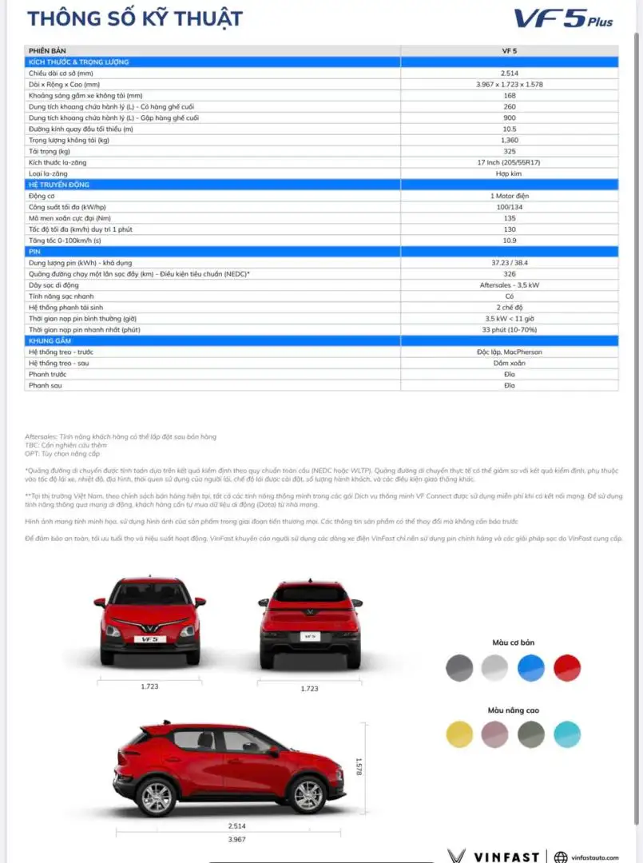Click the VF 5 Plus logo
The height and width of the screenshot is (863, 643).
[x=563, y=18]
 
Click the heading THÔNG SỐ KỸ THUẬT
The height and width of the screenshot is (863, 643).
[x=135, y=18]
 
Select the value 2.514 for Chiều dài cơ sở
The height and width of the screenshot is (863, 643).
[x=510, y=73]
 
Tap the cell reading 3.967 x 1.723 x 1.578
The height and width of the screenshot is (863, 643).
[x=510, y=84]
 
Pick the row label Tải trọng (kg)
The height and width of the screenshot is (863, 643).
[x=50, y=151]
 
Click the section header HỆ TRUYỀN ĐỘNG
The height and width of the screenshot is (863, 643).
[x=61, y=185]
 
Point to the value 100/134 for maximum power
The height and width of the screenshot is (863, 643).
[x=510, y=207]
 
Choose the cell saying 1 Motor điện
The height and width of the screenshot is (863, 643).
[x=510, y=196]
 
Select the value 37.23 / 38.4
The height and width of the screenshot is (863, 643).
[x=510, y=262]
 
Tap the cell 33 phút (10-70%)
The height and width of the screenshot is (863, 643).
[x=510, y=329]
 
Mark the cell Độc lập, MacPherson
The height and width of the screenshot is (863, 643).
[x=510, y=352]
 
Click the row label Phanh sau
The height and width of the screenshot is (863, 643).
[x=45, y=385]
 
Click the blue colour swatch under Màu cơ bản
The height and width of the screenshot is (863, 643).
[x=530, y=668]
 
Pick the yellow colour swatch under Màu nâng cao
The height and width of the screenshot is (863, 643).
[x=459, y=734]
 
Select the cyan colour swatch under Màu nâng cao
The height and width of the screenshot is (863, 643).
[x=567, y=734]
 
